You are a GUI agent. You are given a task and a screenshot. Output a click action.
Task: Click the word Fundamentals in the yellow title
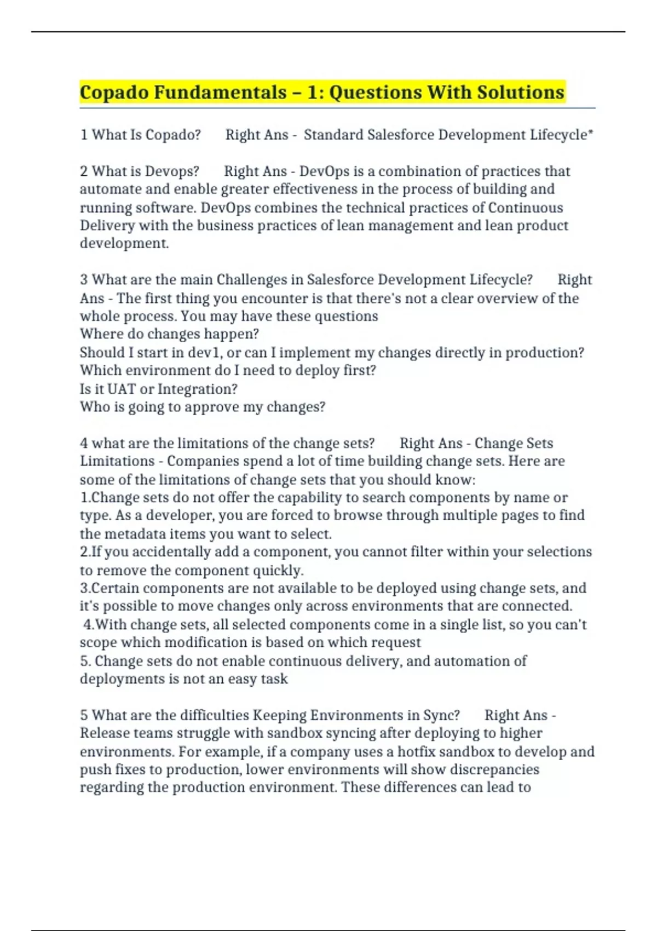tap(220, 92)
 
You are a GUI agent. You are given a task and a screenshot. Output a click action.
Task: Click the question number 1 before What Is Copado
tap(84, 135)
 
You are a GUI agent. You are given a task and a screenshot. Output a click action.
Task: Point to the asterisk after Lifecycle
tap(590, 133)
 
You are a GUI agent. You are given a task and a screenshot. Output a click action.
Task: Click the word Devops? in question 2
tap(172, 171)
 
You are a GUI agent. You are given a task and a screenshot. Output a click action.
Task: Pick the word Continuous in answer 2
tap(525, 208)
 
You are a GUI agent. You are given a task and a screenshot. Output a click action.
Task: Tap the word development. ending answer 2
tap(124, 244)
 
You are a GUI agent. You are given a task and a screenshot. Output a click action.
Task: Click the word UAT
tap(122, 389)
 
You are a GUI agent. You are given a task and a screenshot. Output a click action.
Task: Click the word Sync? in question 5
tap(441, 715)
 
